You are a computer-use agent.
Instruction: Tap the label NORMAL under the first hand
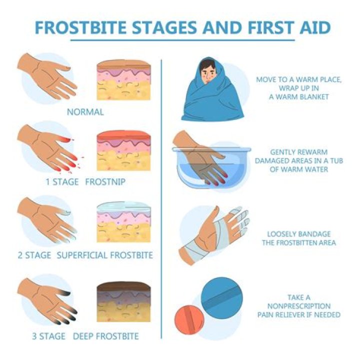85,112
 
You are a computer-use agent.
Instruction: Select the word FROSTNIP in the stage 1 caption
105,182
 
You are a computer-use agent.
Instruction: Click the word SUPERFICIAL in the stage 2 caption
83,255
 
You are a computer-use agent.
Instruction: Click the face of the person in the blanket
206,74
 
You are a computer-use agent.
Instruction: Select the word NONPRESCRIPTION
299,306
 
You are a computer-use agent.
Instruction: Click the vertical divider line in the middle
161,200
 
